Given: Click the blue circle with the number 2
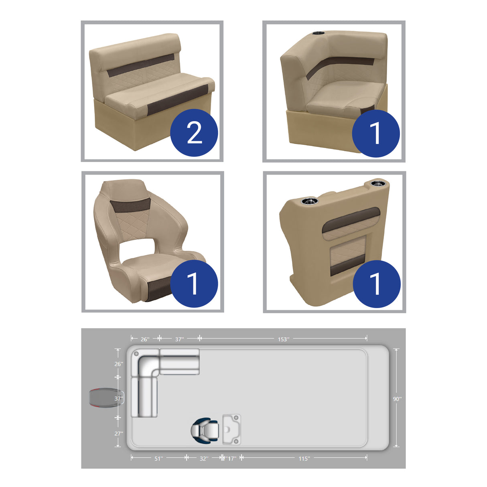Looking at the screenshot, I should [x=194, y=133].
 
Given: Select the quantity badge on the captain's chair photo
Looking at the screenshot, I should [x=194, y=284].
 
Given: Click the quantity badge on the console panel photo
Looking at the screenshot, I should [x=376, y=284].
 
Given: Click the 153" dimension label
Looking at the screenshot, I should [x=283, y=339].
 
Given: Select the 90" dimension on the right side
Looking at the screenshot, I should [x=397, y=399].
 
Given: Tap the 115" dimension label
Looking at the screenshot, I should [x=304, y=459].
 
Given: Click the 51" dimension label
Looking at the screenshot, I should [x=159, y=459].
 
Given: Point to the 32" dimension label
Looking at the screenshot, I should [x=204, y=459].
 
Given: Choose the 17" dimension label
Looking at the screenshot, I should [x=231, y=459].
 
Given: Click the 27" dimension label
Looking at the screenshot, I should [x=119, y=434].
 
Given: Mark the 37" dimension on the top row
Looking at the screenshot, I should [x=179, y=339].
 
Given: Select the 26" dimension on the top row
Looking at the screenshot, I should [x=145, y=339].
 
